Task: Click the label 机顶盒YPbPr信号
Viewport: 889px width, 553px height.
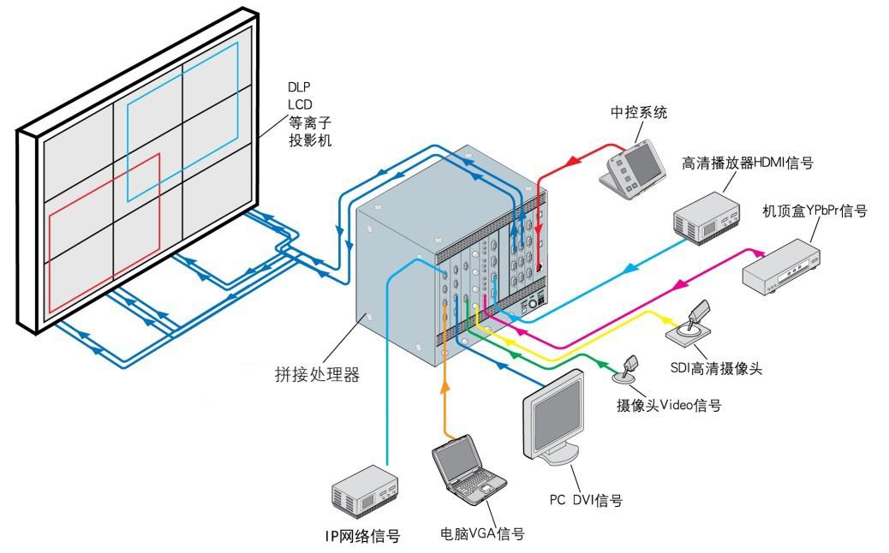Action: (x=814, y=211)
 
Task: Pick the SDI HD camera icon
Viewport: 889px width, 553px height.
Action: (x=692, y=324)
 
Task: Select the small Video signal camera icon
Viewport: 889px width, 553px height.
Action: (x=629, y=369)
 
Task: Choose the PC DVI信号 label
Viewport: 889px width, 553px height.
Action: (x=586, y=501)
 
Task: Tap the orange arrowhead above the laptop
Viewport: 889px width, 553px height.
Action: (x=444, y=387)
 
